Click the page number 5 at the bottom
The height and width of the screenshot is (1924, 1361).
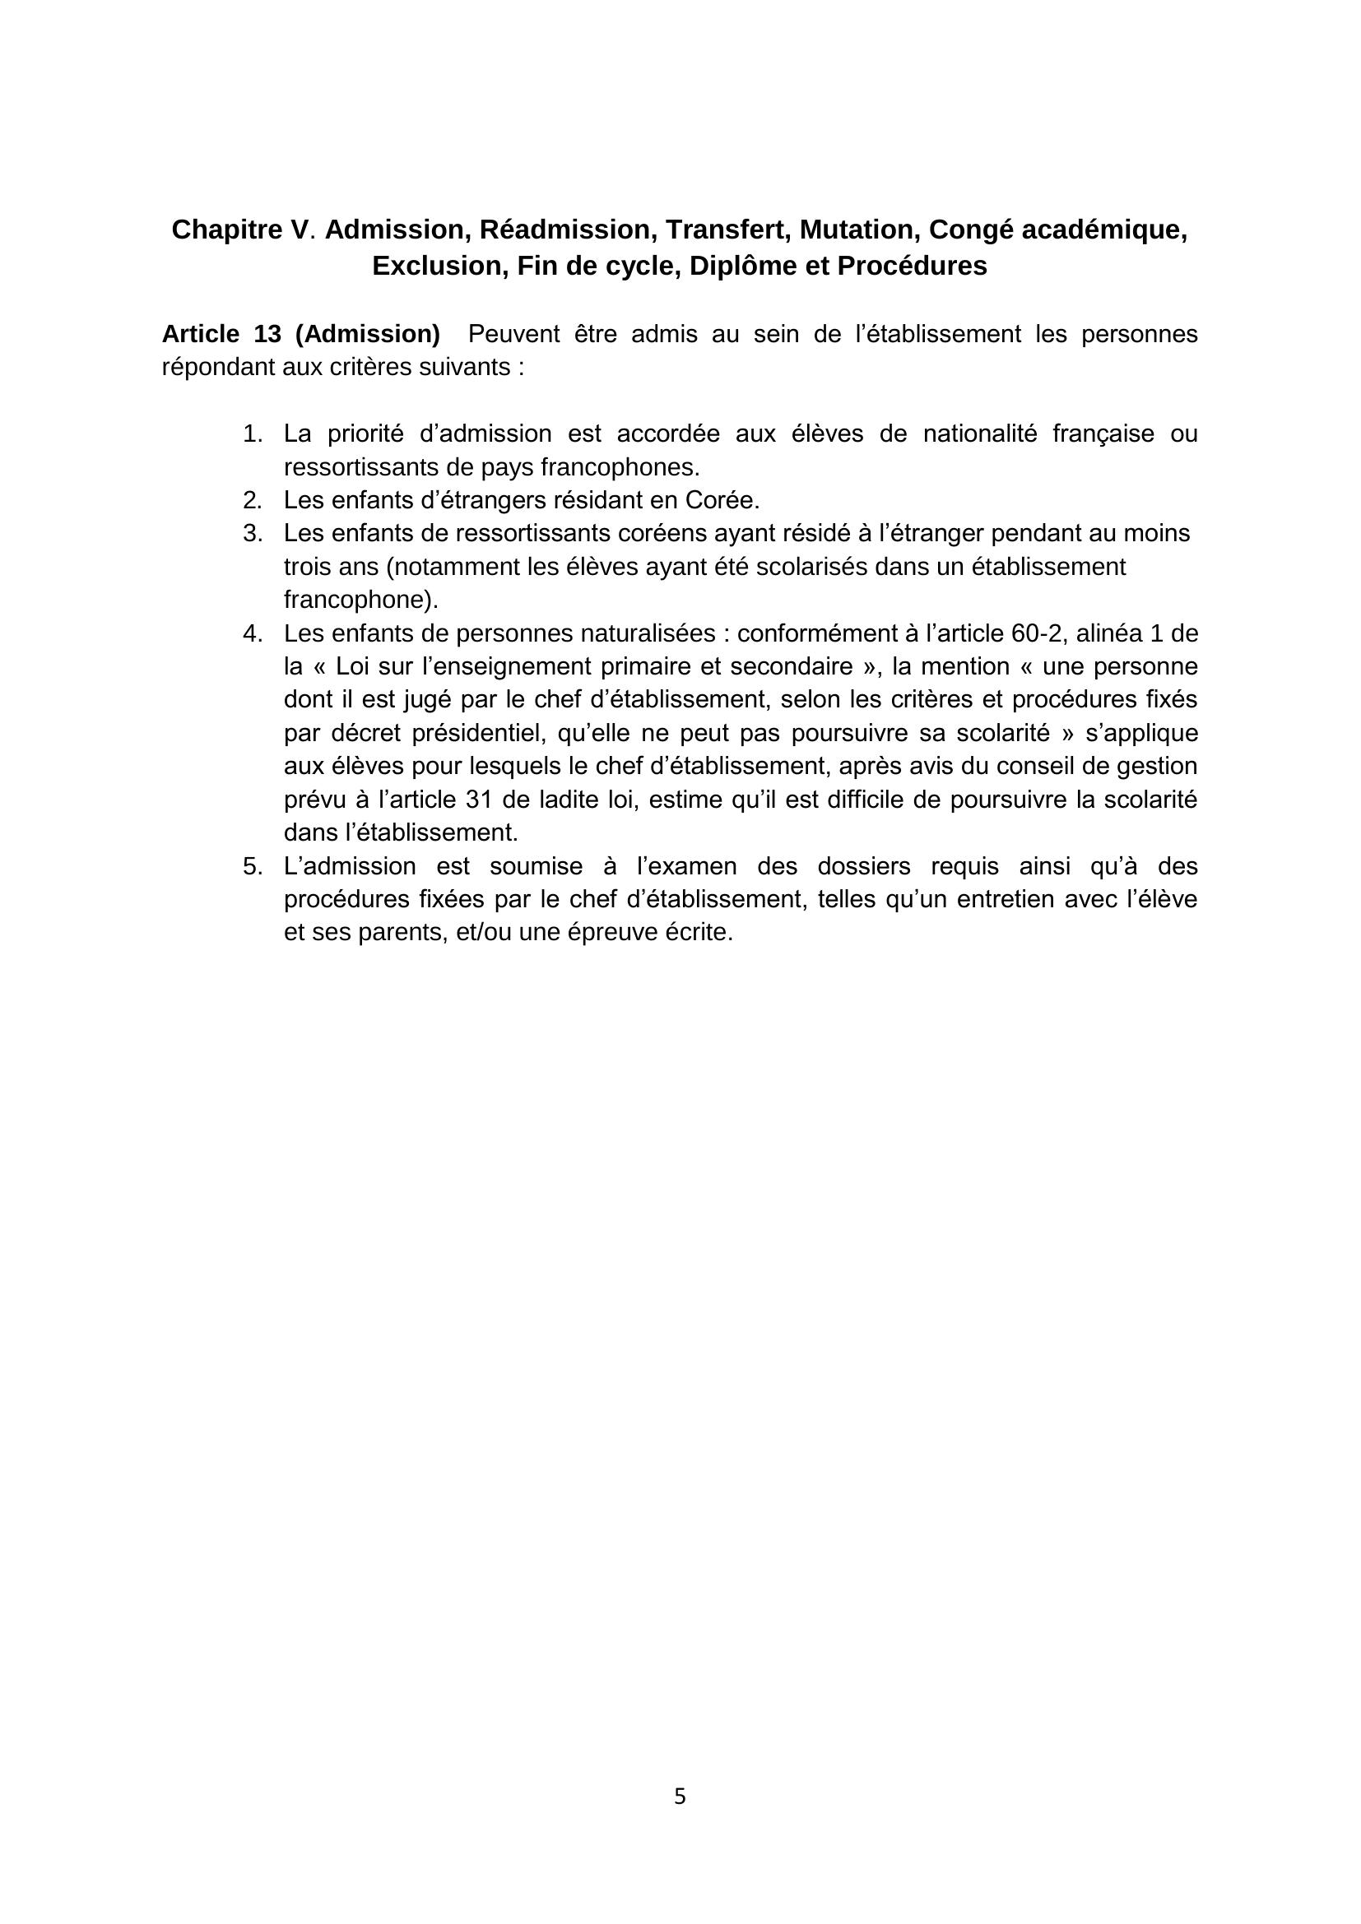(680, 1796)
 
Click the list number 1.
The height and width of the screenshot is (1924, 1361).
(253, 434)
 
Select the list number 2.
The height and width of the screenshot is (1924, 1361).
(253, 500)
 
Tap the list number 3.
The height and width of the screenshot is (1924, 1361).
(253, 534)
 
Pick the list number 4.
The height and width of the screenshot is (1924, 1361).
(253, 633)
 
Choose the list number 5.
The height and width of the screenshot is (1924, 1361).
(253, 866)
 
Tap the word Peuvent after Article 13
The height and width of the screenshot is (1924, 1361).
(513, 334)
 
